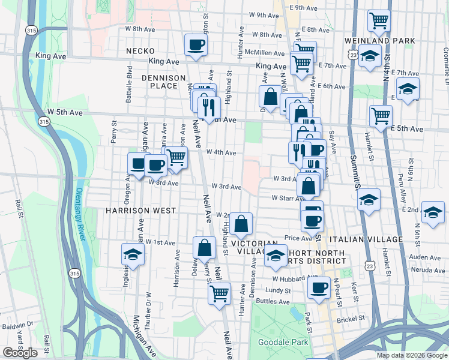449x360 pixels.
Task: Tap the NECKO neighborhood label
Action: (x=137, y=52)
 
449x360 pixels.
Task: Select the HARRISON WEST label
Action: (x=141, y=211)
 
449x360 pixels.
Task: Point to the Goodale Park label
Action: (x=283, y=343)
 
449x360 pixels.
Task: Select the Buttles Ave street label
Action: (x=273, y=302)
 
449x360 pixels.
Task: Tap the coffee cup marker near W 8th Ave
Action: (x=196, y=44)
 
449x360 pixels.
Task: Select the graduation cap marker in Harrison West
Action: (x=133, y=254)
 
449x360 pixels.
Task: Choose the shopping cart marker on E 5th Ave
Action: (x=381, y=115)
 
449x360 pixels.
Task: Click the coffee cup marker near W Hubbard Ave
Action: (x=319, y=287)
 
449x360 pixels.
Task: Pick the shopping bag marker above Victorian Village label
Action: (x=241, y=224)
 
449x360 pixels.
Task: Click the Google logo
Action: (x=20, y=353)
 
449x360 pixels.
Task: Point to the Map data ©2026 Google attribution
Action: (x=412, y=355)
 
